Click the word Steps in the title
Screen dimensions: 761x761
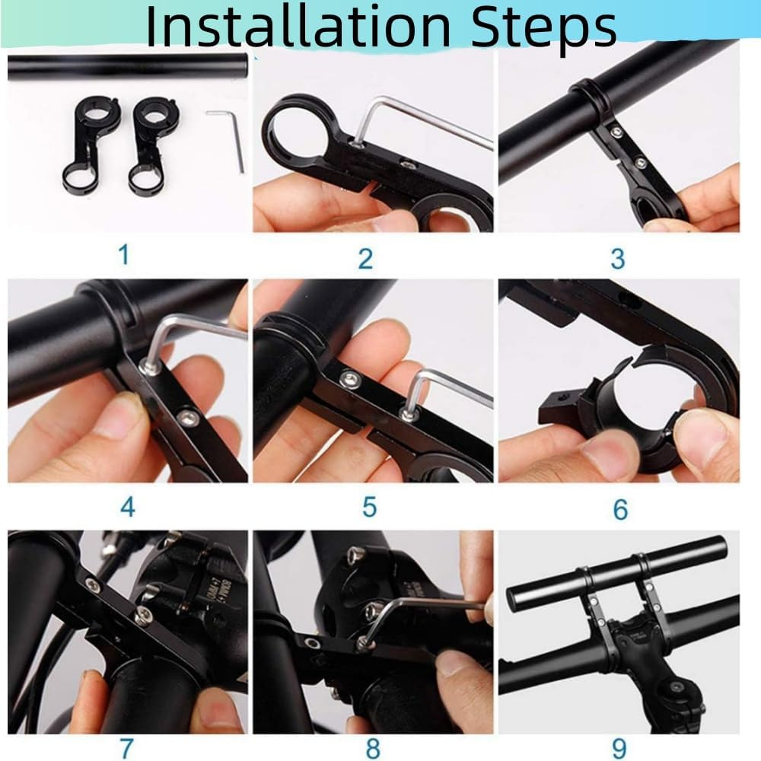542,27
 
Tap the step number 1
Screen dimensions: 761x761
123,254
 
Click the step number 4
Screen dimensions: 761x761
127,506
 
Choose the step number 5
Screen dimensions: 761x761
369,506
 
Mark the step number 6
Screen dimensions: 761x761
620,508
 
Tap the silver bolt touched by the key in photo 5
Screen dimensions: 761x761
409,413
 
